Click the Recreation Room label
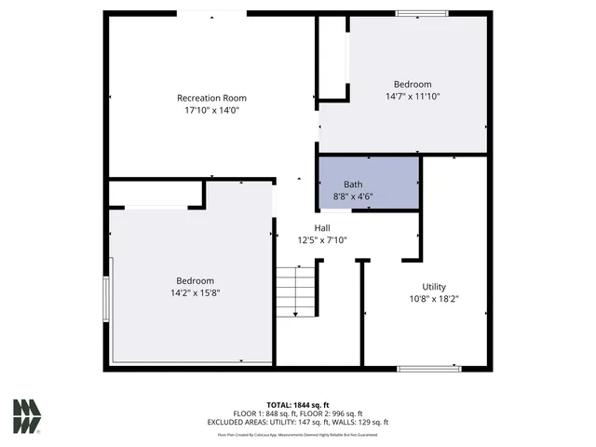[x=211, y=98]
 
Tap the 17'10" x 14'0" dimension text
[x=211, y=110]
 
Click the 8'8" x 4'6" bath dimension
[x=353, y=196]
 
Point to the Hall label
[x=321, y=228]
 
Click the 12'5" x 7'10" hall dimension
[x=321, y=240]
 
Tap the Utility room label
[x=434, y=287]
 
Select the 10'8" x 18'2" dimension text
[x=434, y=299]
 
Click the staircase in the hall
[x=296, y=291]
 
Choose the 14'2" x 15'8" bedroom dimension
[x=195, y=292]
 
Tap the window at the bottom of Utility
[x=428, y=369]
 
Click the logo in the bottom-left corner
[x=27, y=416]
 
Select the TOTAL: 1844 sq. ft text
[x=297, y=405]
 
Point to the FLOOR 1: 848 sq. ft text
[x=264, y=413]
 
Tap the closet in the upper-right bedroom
[x=332, y=56]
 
